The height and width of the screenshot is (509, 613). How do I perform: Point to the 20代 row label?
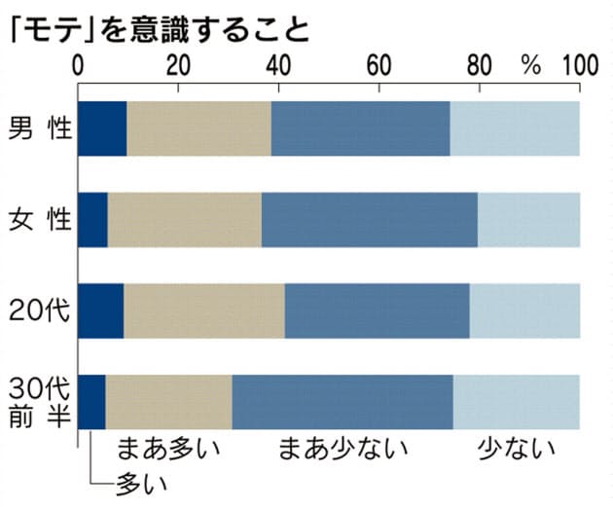point(37,310)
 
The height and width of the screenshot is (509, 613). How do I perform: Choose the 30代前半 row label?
point(37,400)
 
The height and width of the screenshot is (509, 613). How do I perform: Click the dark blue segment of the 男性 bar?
point(102,127)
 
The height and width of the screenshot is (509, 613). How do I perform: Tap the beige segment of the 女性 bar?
point(184,219)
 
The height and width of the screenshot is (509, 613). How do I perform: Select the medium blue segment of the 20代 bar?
point(377,310)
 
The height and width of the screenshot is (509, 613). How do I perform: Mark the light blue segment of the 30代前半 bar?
point(516,401)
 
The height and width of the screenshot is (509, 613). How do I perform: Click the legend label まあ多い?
point(168,451)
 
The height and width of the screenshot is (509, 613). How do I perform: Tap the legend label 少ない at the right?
point(516,451)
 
